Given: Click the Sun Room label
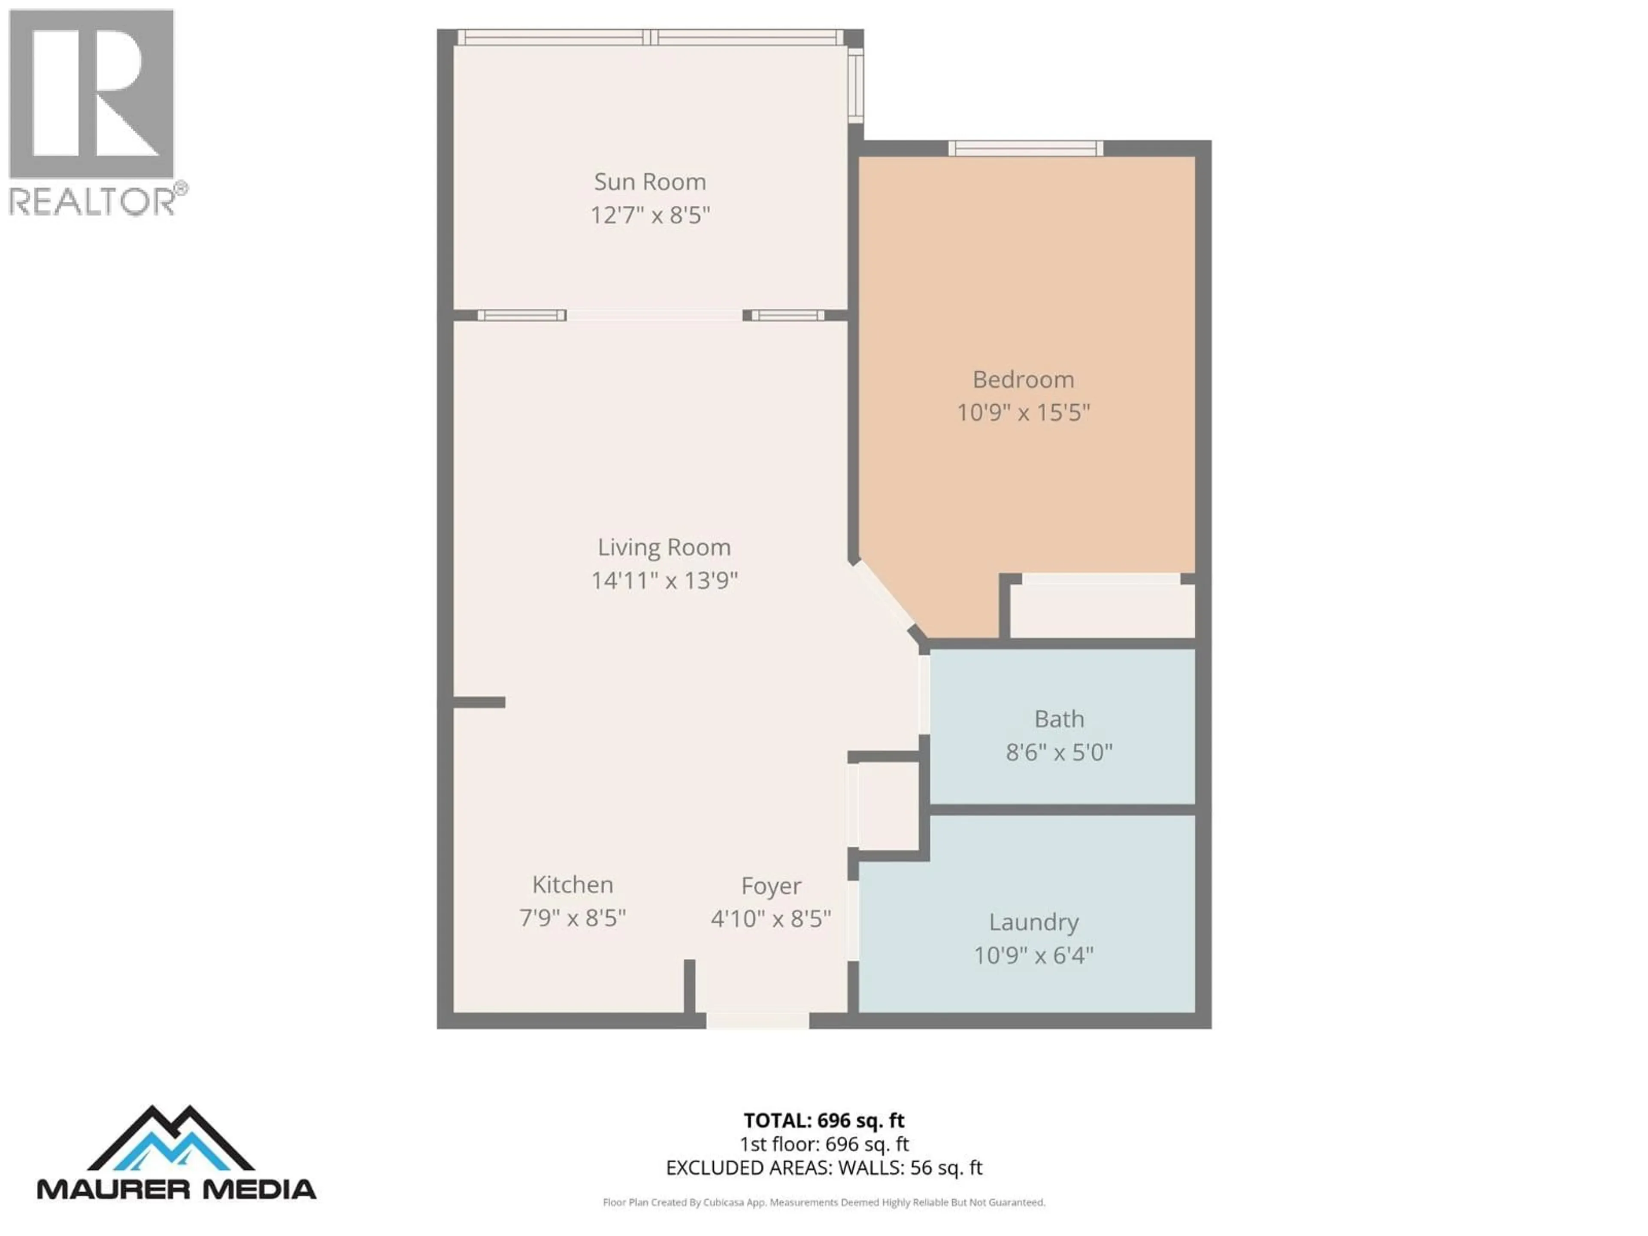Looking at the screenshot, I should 650,182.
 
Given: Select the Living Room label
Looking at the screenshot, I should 664,548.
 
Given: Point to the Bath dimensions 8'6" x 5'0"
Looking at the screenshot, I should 1059,752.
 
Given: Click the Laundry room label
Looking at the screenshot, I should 1033,922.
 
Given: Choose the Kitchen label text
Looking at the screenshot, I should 572,885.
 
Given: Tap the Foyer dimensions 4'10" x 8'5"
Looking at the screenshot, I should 770,918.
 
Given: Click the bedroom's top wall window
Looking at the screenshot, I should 1025,148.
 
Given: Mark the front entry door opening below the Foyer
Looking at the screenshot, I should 757,1020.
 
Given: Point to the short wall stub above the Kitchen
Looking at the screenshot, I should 479,702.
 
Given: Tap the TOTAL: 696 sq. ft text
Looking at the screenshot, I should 823,1121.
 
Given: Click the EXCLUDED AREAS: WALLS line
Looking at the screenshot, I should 823,1167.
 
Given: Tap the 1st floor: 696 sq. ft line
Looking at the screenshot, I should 823,1144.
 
